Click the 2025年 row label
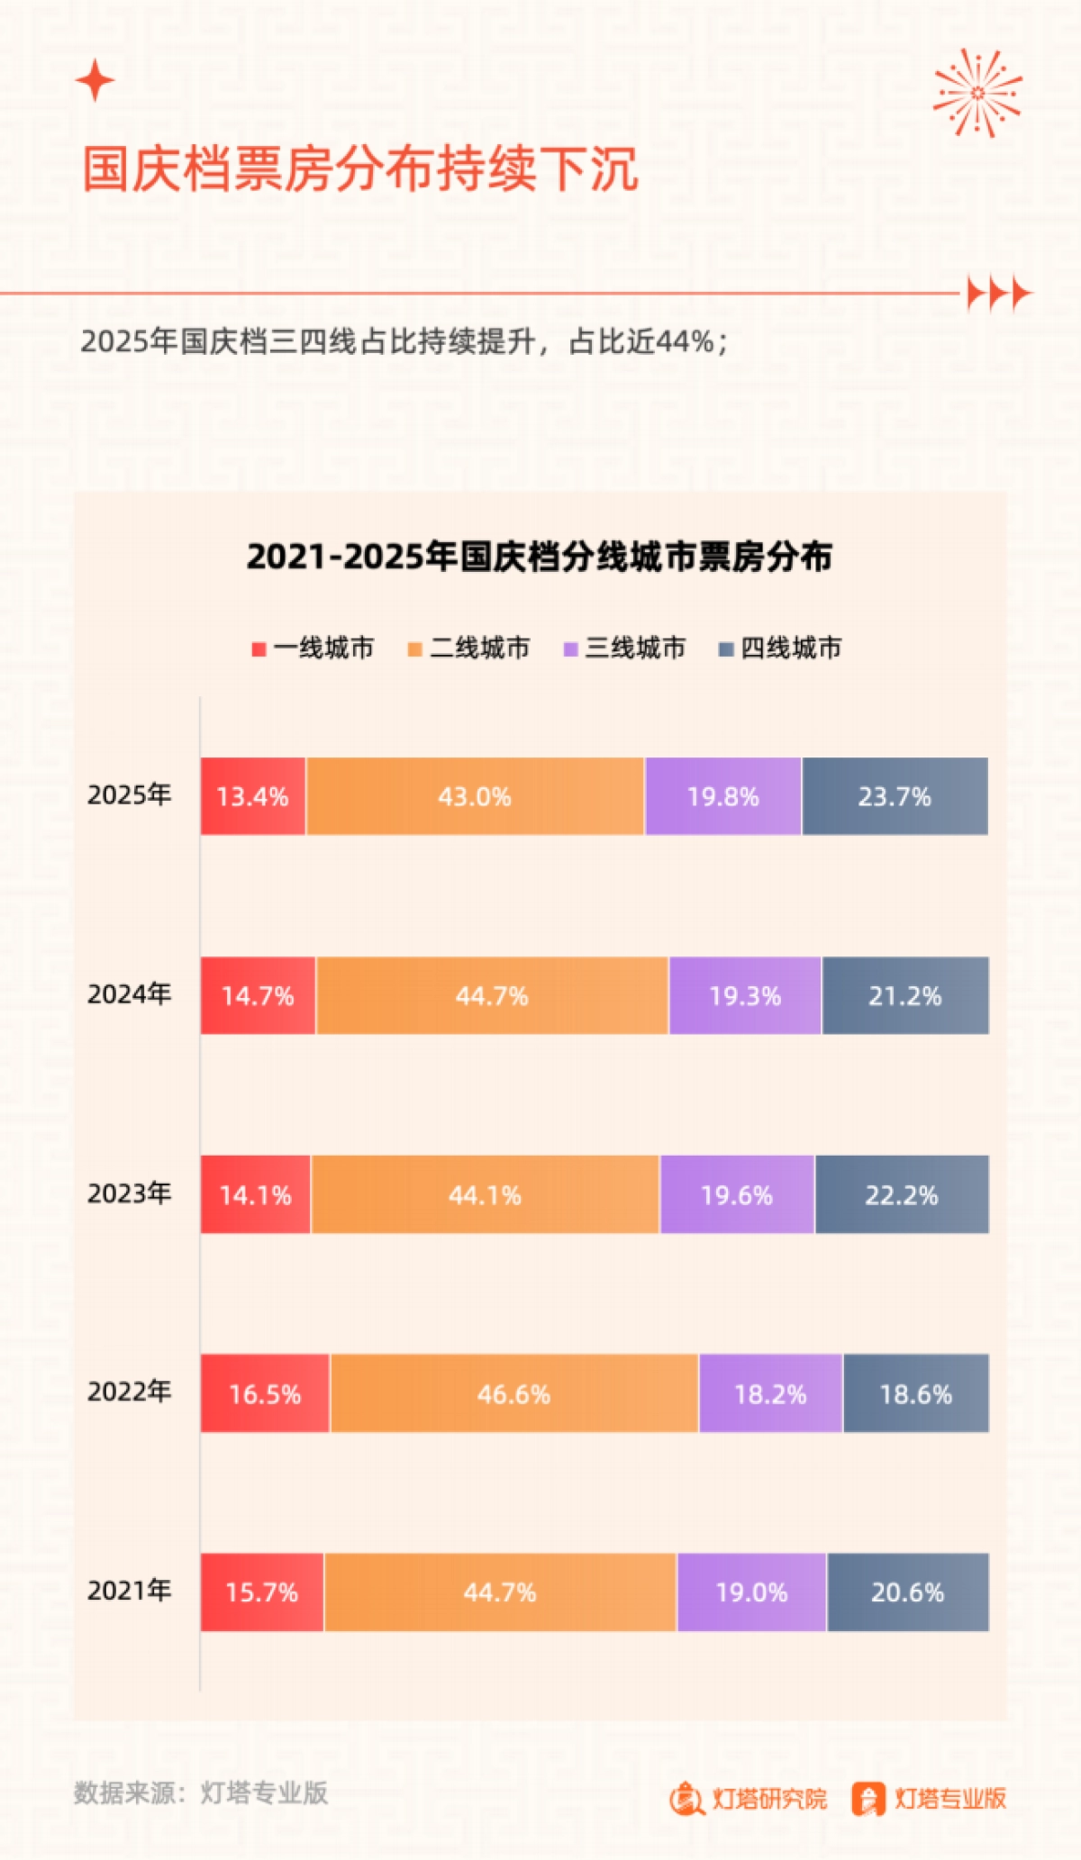tap(129, 794)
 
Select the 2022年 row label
tap(129, 1392)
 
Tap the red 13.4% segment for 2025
tap(253, 796)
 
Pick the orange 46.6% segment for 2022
tap(513, 1393)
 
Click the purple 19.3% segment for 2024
tap(745, 995)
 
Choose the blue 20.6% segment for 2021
tap(907, 1592)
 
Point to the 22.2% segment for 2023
tap(901, 1194)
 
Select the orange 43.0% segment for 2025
tap(475, 796)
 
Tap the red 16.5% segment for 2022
tap(265, 1393)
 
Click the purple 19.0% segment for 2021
tap(751, 1592)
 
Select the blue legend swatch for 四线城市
tap(725, 649)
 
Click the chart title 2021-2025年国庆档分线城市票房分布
tap(539, 557)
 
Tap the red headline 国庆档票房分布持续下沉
tap(360, 168)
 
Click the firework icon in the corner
tap(977, 93)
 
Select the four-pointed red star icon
tap(95, 81)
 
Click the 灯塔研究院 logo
tap(749, 1799)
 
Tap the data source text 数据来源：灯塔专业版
tap(201, 1792)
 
